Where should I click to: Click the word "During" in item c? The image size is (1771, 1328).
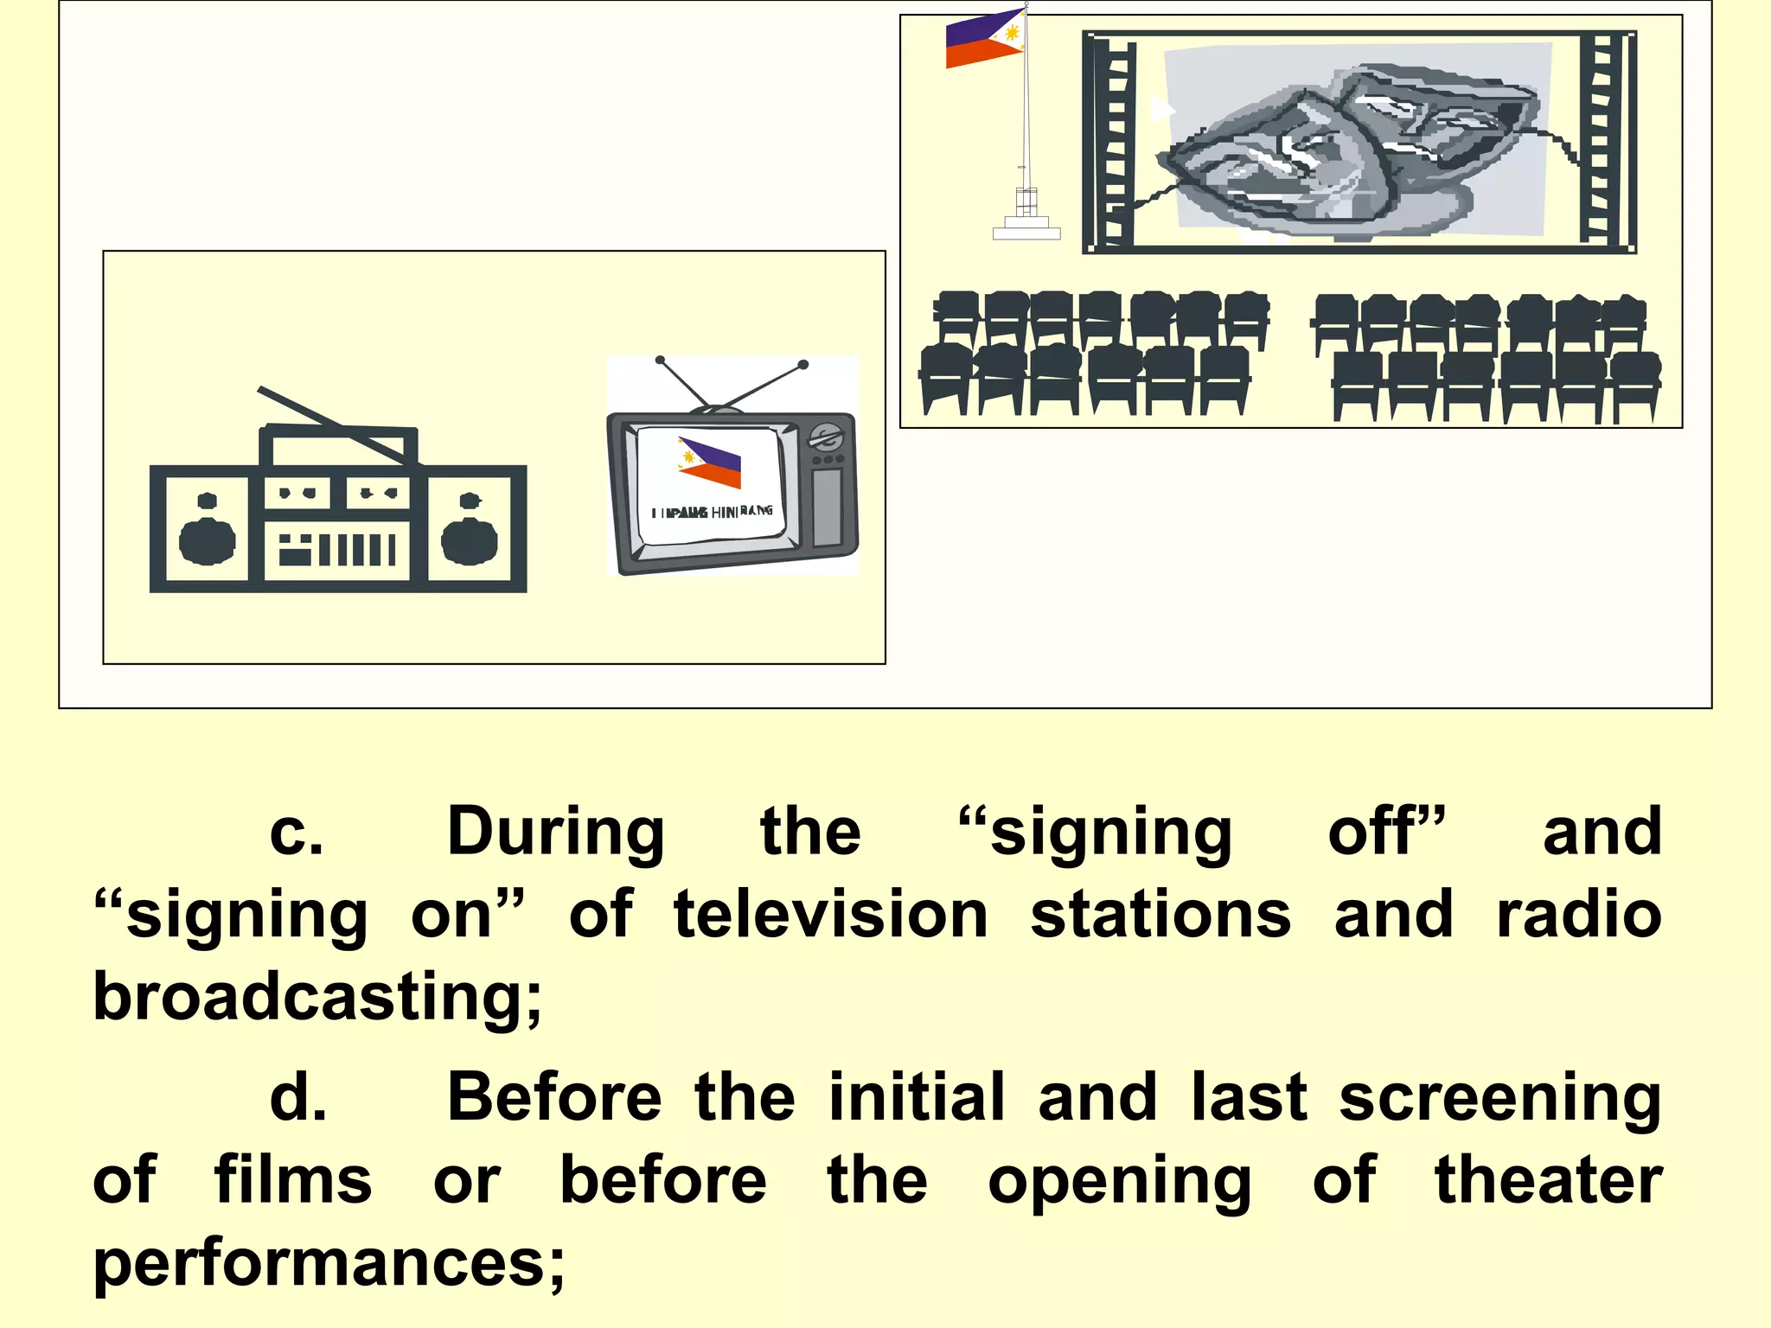click(x=556, y=833)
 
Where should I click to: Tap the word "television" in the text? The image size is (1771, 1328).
click(x=831, y=915)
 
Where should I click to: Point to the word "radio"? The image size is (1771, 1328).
click(x=1579, y=915)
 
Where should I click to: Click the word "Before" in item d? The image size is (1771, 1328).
click(x=554, y=1097)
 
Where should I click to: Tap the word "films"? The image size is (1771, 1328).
click(x=293, y=1180)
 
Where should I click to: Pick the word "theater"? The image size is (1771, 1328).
click(x=1549, y=1180)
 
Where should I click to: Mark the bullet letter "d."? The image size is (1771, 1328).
click(x=298, y=1098)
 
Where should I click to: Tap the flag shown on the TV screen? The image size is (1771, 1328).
click(x=711, y=463)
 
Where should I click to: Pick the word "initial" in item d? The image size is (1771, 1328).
click(x=917, y=1097)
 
